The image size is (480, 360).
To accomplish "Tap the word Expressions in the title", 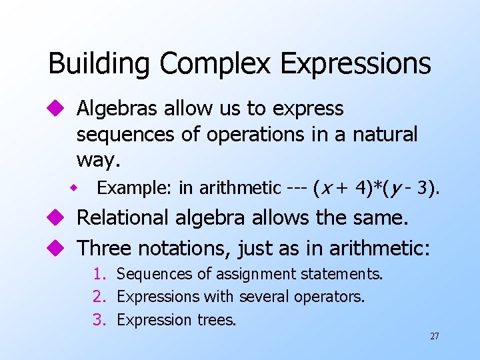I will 356,64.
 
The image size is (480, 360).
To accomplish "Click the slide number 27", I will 434,336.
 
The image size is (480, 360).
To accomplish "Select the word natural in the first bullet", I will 385,134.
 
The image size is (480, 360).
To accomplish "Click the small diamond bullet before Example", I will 77,189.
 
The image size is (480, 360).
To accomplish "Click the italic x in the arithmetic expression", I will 323,189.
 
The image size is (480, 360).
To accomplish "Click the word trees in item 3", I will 216,320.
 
